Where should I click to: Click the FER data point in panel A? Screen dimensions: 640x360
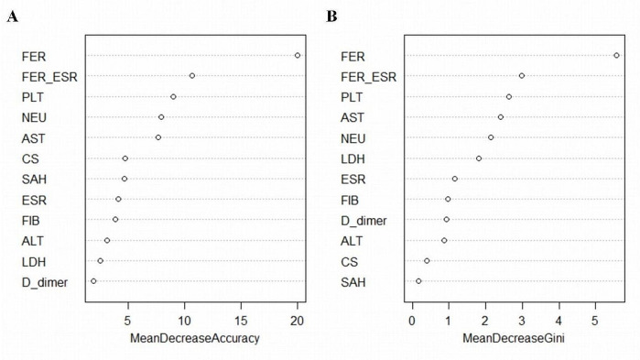coord(298,56)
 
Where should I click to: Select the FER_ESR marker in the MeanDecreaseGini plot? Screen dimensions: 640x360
coord(522,75)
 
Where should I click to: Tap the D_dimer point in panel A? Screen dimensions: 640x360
coord(93,281)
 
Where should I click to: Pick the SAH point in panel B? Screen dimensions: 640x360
coord(418,281)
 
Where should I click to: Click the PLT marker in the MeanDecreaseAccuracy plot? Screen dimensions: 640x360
coord(173,97)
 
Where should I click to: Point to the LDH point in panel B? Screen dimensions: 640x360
coord(479,158)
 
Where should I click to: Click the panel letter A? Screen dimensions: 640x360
coord(12,16)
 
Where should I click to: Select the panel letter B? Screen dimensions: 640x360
coord(331,16)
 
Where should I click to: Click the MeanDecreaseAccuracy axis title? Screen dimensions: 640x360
coord(195,338)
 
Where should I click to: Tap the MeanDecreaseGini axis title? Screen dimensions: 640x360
coord(514,338)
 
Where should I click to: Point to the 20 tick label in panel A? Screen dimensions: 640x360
coord(298,322)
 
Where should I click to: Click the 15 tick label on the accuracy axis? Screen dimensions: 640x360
coord(241,322)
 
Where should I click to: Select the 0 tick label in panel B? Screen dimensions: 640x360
coord(412,322)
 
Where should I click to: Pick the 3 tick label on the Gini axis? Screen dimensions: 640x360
coord(522,322)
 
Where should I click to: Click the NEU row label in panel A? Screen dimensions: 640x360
coord(34,118)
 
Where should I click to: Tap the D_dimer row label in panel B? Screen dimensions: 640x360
coord(363,221)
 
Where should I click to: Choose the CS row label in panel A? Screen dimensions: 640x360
coord(30,158)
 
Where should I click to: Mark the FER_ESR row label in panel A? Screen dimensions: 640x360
coord(49,77)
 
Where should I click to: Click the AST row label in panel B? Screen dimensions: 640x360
coord(353,118)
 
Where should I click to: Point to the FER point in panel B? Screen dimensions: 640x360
coord(617,56)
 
